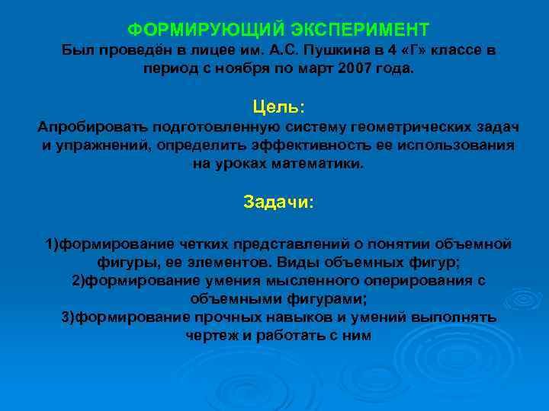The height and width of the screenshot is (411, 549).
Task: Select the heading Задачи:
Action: [x=278, y=202]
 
